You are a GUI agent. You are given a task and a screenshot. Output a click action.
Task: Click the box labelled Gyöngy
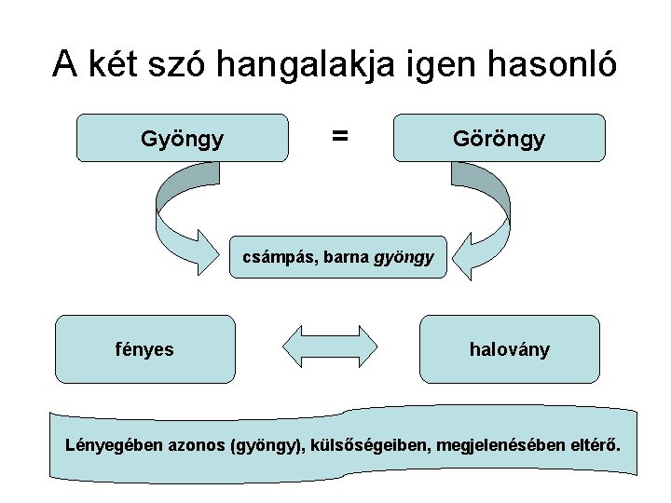182,138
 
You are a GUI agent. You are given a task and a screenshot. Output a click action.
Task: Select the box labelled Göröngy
500,138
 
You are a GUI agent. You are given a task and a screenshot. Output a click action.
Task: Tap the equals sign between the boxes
340,136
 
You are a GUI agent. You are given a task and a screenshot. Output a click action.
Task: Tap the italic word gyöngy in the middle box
404,257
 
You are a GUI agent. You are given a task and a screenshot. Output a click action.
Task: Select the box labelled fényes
144,349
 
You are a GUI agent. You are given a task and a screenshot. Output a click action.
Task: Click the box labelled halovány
509,349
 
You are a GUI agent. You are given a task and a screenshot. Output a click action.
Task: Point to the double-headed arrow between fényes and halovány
327,348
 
